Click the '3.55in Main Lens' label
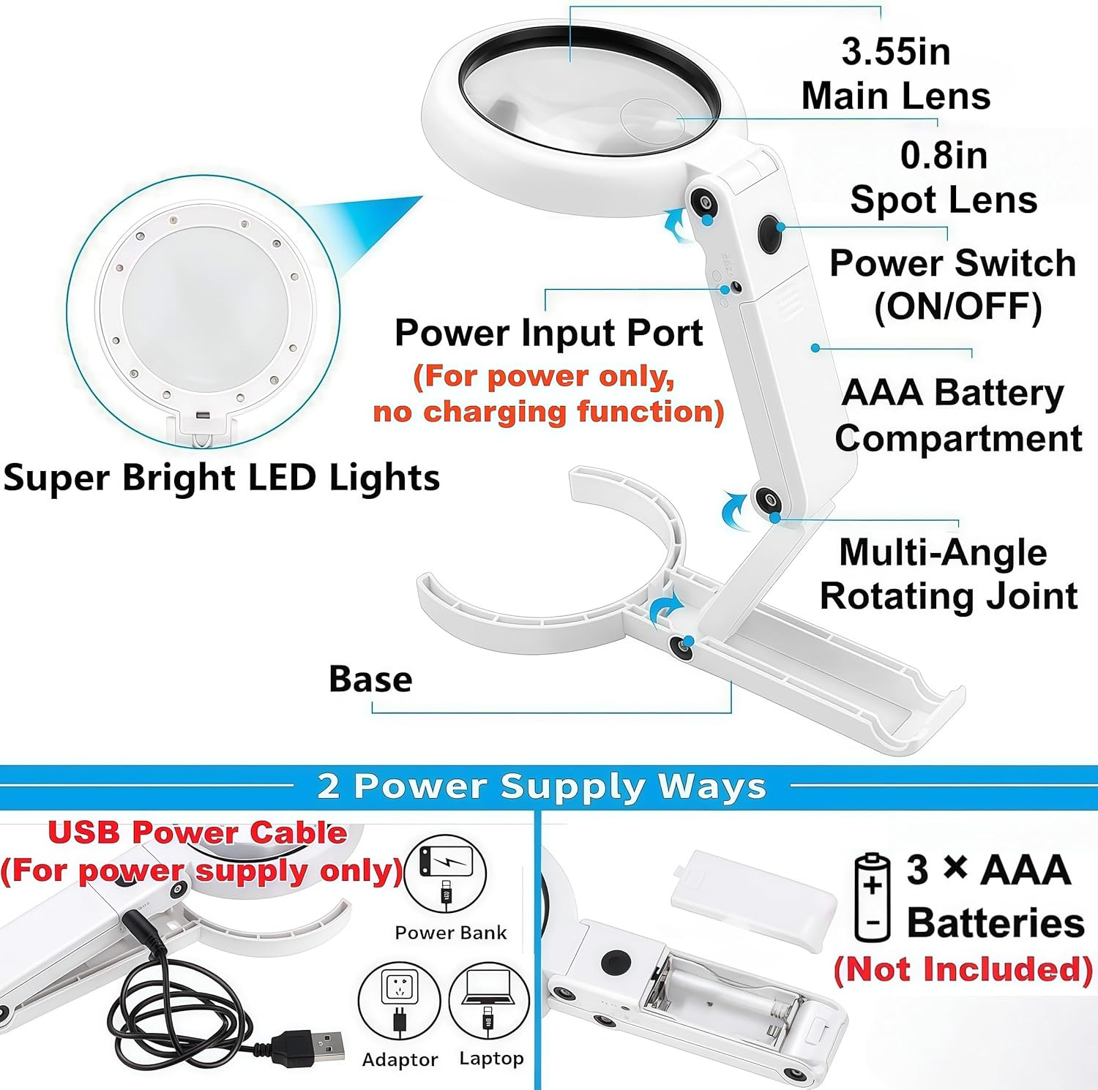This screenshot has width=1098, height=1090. tap(895, 74)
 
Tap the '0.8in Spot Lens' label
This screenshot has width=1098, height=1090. tap(943, 178)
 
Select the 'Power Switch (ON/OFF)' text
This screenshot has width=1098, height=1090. tap(952, 285)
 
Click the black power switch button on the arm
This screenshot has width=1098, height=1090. tap(769, 233)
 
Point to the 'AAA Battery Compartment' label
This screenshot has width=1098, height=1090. tap(957, 415)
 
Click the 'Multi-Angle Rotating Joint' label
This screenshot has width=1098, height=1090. tap(948, 574)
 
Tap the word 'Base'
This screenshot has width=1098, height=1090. tap(370, 679)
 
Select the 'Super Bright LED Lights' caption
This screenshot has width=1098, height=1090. tap(221, 478)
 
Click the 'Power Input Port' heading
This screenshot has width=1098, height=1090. tap(548, 333)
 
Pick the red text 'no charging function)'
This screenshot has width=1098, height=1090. tap(548, 412)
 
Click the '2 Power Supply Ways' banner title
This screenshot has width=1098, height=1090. tap(542, 786)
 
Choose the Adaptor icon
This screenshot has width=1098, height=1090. tap(399, 1001)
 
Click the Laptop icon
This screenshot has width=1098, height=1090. tap(489, 1001)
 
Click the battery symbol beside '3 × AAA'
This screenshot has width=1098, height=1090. tap(873, 897)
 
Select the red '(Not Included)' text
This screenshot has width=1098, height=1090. tap(963, 969)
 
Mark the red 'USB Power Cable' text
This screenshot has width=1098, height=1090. tap(198, 832)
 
